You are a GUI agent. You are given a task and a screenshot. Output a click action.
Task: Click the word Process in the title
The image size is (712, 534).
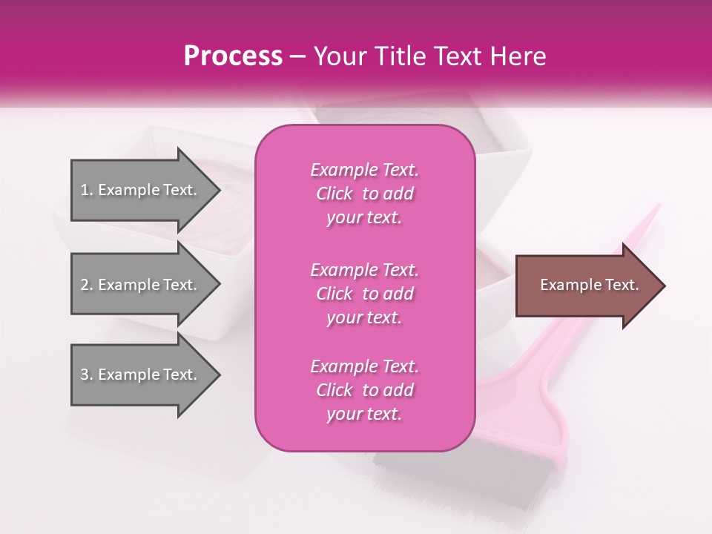point(233,56)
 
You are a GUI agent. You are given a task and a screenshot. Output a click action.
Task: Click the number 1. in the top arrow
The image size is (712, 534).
point(87,190)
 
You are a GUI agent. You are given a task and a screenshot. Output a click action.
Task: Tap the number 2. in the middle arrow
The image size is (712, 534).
point(87,285)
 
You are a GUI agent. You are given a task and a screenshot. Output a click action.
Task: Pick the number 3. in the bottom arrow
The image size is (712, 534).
point(87,375)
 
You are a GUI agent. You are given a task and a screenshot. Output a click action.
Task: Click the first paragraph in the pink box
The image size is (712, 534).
point(364,194)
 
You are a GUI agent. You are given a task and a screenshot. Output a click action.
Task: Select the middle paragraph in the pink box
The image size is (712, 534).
point(364,293)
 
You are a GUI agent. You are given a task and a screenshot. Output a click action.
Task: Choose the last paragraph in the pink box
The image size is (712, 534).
point(364,390)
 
